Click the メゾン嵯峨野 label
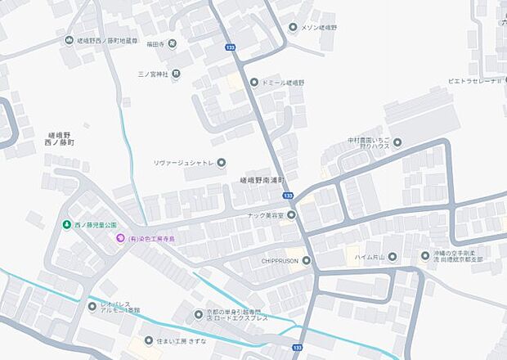319,27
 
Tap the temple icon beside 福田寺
173,43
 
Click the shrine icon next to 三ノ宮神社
176,74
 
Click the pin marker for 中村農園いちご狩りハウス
397,142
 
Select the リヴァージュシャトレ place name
184,163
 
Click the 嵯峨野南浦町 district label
261,179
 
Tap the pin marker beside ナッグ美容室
291,215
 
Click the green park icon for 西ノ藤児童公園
66,225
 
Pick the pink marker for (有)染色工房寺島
120,238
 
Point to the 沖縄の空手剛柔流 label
457,256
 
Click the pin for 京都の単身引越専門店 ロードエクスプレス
198,314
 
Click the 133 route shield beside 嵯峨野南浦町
288,196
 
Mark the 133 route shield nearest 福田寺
230,48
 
